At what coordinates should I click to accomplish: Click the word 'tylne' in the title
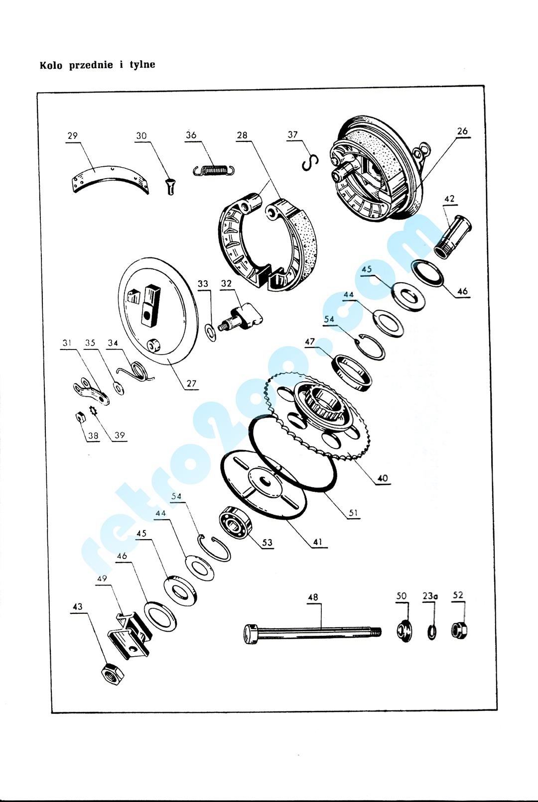click(142, 65)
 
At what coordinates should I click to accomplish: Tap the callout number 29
click(72, 136)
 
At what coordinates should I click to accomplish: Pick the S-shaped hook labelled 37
click(310, 163)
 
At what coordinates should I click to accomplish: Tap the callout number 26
click(462, 131)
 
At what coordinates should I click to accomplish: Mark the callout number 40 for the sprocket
click(383, 478)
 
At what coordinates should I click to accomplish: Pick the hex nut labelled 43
click(113, 674)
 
